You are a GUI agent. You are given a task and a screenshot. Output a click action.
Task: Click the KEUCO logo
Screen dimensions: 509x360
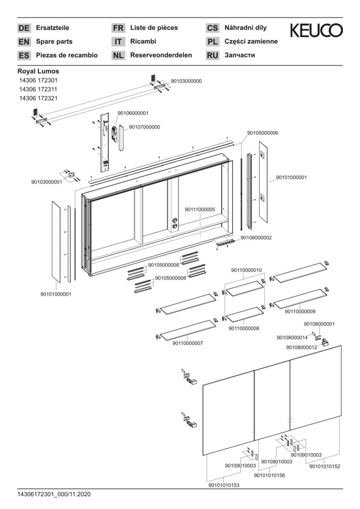(x=316, y=31)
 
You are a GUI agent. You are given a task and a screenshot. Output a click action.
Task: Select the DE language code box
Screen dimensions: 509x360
(x=24, y=28)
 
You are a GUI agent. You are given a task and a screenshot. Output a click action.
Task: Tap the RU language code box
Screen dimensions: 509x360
(x=213, y=55)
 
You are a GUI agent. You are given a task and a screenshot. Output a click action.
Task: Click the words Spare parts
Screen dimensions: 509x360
(x=54, y=41)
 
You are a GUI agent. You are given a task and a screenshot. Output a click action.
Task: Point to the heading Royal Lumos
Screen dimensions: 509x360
(x=38, y=71)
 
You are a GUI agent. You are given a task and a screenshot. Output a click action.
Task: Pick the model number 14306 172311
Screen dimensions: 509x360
(x=38, y=90)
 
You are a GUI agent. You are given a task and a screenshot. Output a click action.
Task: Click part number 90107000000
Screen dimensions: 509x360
(x=144, y=127)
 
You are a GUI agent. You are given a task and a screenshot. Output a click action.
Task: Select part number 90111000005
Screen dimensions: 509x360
(x=200, y=210)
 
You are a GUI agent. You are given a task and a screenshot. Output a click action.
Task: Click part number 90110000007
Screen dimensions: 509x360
(x=188, y=343)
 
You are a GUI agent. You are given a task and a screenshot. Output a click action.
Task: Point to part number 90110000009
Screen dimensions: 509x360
(x=300, y=312)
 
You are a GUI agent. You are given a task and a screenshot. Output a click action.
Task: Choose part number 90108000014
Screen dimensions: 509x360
(x=292, y=337)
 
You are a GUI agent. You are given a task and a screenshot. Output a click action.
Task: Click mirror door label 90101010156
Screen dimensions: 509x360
(x=269, y=476)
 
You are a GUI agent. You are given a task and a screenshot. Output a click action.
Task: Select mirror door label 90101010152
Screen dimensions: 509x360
(x=325, y=466)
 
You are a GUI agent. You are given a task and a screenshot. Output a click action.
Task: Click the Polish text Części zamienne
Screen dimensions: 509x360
(x=251, y=41)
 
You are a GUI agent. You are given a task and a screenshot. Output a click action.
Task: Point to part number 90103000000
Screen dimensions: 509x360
(x=186, y=81)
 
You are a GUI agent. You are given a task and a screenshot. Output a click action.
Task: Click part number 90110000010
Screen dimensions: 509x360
(x=246, y=270)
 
